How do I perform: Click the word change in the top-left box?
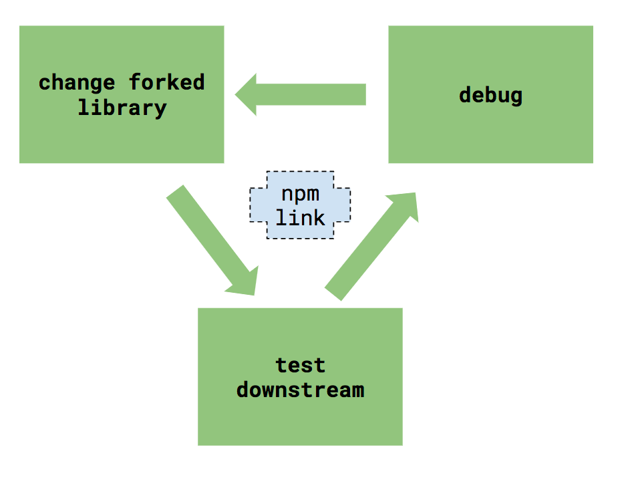point(77,83)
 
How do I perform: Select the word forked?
point(167,82)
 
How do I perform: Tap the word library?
point(122,108)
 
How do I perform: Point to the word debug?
point(490,95)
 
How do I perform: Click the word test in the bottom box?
point(300,365)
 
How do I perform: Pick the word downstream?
point(300,390)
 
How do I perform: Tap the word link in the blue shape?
point(300,217)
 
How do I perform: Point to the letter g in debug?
point(514,97)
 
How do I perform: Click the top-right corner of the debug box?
point(592,27)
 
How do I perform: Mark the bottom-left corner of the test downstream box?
point(199,444)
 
